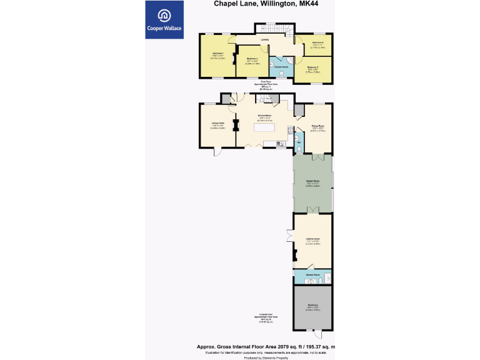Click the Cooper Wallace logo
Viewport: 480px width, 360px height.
point(164,19)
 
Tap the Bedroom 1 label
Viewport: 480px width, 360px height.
point(218,54)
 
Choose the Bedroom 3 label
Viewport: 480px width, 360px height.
point(313,67)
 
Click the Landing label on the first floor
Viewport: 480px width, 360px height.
point(265,40)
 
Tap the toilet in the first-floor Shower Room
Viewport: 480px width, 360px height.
point(282,74)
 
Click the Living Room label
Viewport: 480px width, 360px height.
point(217,122)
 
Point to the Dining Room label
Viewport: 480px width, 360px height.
point(318,126)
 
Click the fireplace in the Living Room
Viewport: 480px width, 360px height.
point(236,125)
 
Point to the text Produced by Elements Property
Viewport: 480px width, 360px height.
point(271,357)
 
